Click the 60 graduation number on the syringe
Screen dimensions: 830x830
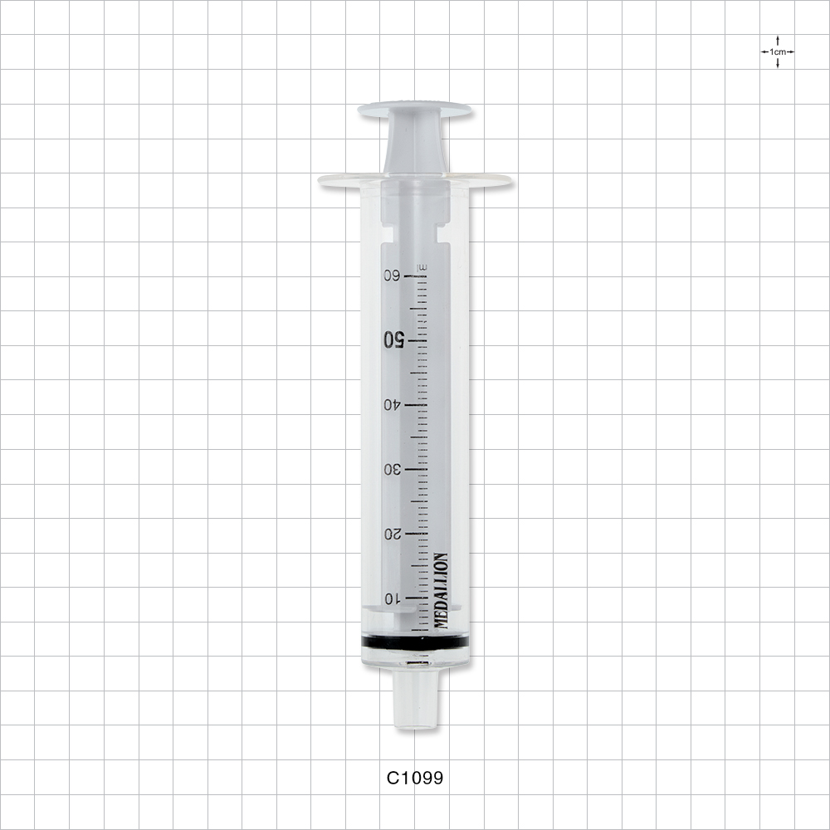click(x=391, y=276)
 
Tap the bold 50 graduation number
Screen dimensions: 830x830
click(x=393, y=339)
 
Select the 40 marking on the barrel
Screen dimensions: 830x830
click(x=392, y=404)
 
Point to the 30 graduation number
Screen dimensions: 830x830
click(x=392, y=469)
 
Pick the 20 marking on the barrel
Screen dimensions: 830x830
click(x=392, y=534)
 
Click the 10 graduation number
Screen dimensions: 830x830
click(x=392, y=598)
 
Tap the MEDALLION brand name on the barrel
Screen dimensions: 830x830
click(x=442, y=590)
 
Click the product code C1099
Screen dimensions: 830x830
click(x=415, y=778)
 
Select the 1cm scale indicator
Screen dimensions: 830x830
click(x=777, y=51)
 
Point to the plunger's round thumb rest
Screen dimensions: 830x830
click(x=415, y=110)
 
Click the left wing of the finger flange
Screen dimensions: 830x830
click(x=340, y=179)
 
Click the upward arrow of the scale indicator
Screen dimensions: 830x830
click(x=777, y=40)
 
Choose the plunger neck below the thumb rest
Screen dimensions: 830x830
click(x=415, y=146)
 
